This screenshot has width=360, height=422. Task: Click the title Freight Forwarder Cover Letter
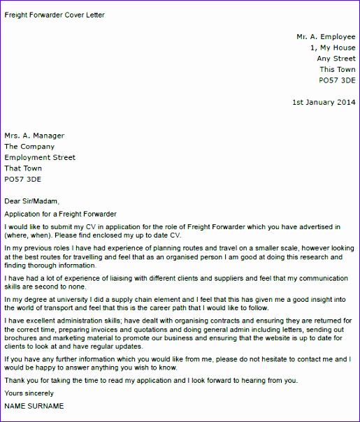[55, 14]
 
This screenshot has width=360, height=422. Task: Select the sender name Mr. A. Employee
[326, 36]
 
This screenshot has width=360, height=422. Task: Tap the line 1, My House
[333, 48]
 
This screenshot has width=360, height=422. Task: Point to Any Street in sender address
[336, 59]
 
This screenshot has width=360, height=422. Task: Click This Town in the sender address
[337, 70]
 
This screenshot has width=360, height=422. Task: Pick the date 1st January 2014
[324, 103]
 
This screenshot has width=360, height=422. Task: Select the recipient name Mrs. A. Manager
[34, 136]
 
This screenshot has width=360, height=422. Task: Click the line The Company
[29, 147]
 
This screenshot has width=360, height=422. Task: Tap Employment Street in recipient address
[40, 158]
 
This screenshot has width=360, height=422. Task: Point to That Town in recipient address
[23, 168]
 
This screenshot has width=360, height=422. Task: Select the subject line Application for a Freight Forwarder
[61, 214]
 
